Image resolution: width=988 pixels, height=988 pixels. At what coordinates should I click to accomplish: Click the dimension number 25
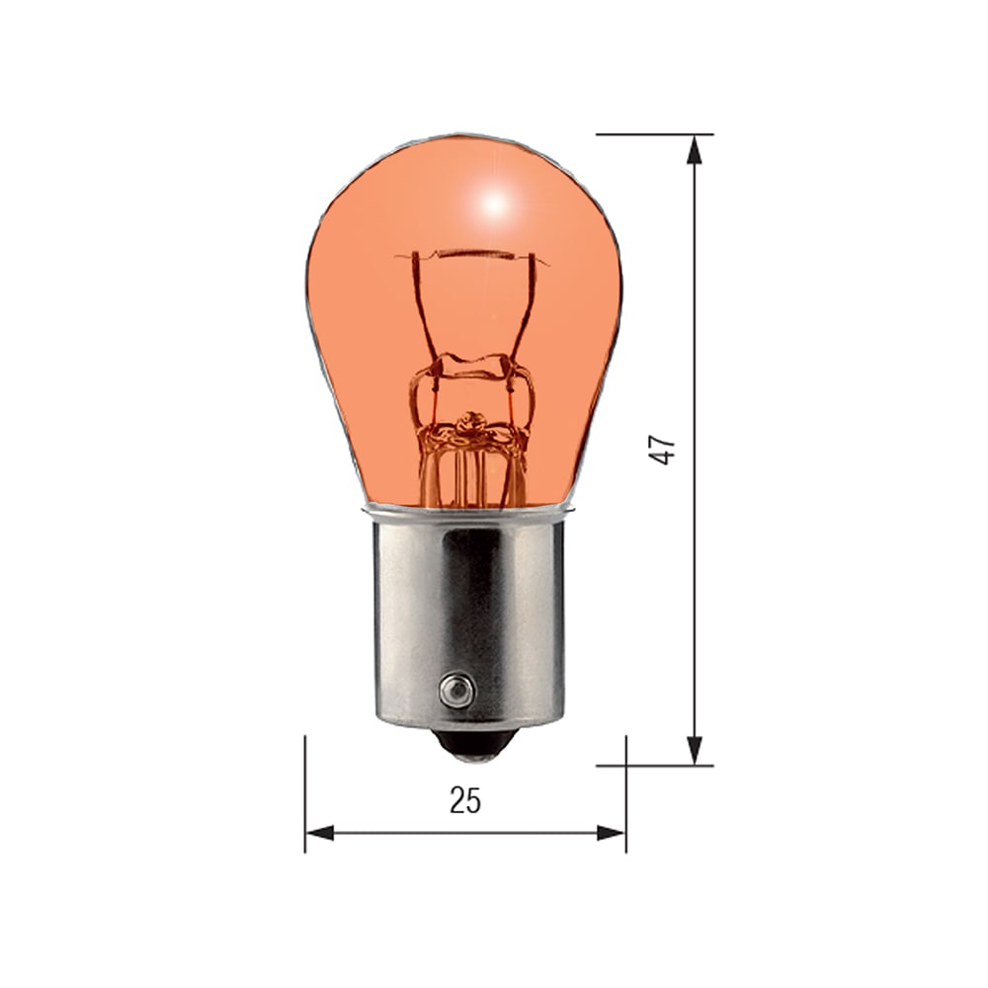tap(464, 800)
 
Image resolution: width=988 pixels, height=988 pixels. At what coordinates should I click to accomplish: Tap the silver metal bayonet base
tap(469, 613)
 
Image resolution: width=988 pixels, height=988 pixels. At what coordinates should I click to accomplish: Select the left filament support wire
tap(423, 306)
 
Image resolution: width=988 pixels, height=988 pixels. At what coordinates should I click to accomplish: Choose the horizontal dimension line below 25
tap(395, 834)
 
